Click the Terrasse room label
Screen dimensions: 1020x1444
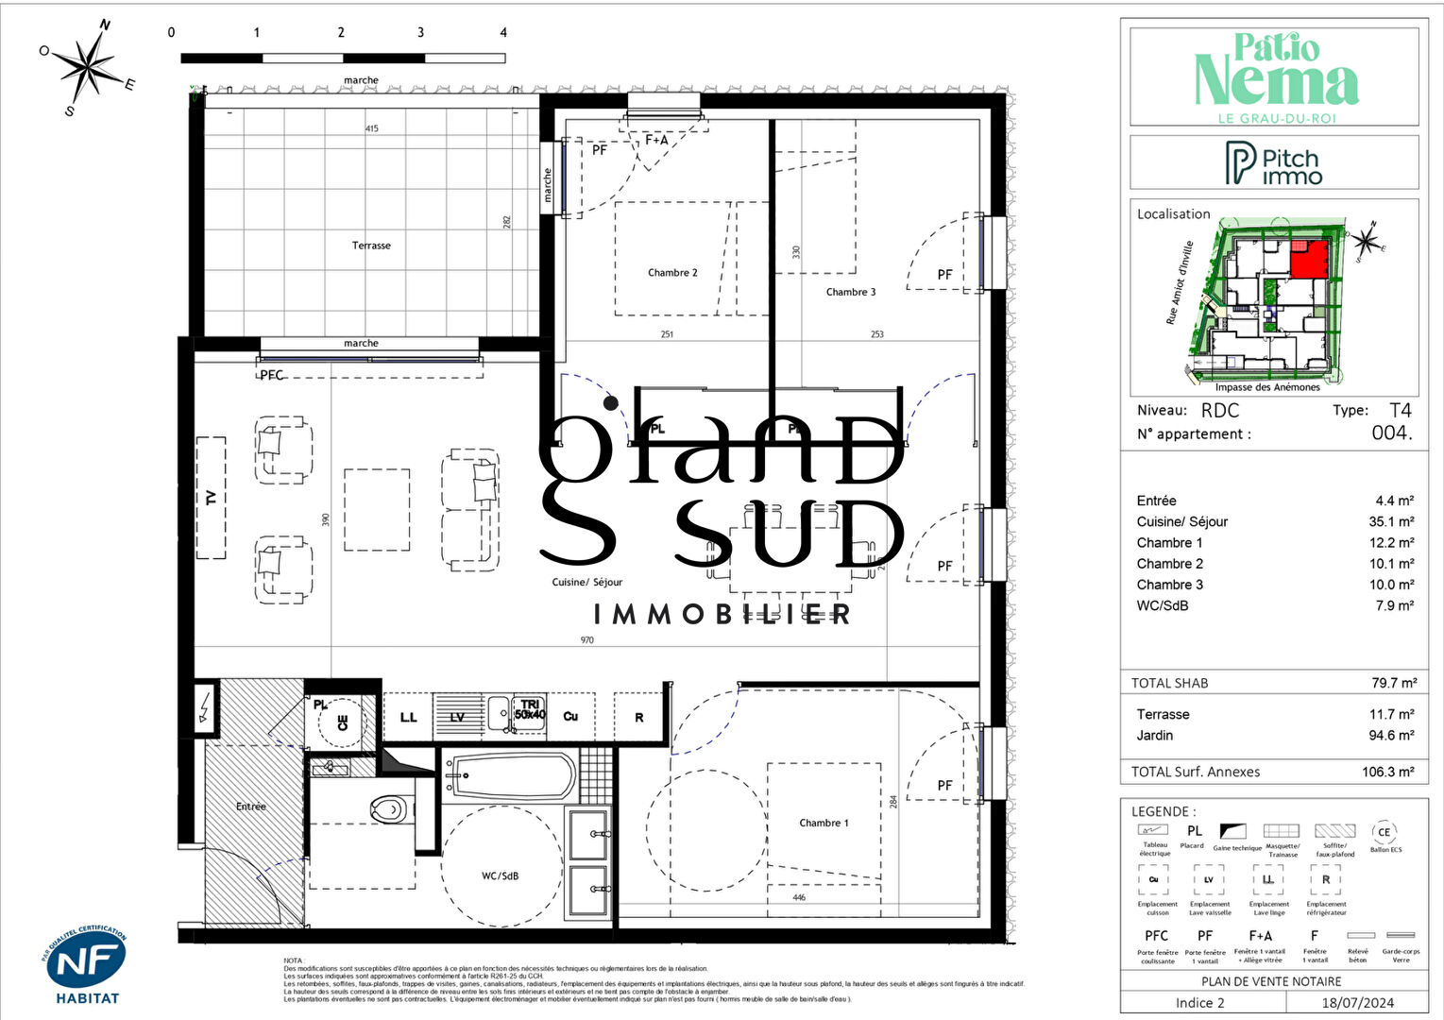point(371,246)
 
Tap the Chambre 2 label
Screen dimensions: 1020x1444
point(672,273)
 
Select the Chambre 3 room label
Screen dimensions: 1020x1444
point(850,292)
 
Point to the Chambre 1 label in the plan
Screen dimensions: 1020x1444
point(824,823)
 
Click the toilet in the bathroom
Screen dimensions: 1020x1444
point(388,808)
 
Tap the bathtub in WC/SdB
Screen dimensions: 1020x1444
point(509,777)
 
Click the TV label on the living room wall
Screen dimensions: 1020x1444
point(211,498)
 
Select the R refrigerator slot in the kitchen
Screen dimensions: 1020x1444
point(639,718)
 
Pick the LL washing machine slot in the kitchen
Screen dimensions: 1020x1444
point(408,718)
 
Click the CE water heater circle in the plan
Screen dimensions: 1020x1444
point(342,722)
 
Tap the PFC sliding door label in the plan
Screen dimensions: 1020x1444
point(272,375)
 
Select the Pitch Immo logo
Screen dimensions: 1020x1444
point(1273,163)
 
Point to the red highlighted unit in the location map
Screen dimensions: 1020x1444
point(1308,260)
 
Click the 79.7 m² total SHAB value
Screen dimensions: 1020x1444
point(1394,683)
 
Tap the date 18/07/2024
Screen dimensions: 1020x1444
point(1357,1003)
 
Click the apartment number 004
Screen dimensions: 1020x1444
point(1391,433)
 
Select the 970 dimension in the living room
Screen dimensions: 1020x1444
point(586,640)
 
